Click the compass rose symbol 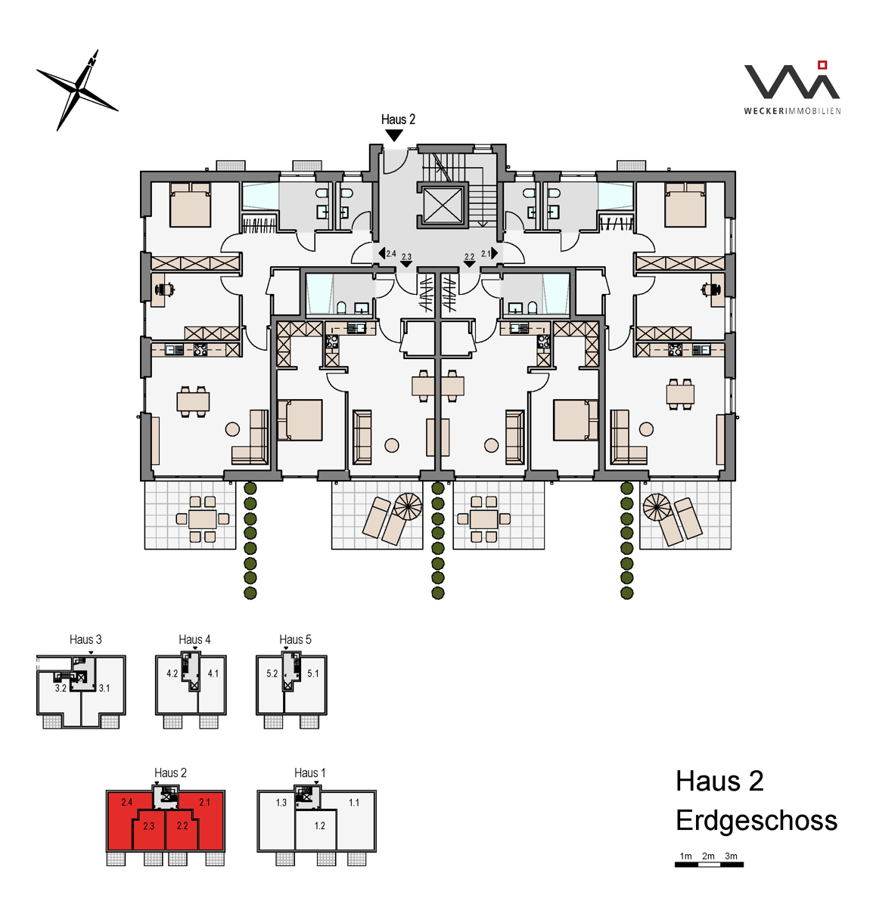pos(77,90)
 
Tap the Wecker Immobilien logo pos(792,88)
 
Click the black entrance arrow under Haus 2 pos(394,135)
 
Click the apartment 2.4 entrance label pos(391,253)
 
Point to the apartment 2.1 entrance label pos(486,253)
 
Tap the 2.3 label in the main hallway pos(406,256)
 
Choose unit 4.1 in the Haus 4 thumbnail pos(213,684)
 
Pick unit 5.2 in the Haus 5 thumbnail pos(270,684)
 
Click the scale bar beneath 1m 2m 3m pos(708,865)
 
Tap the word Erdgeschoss pos(756,820)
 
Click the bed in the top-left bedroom pos(190,205)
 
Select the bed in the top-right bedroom pos(685,205)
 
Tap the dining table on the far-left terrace pos(203,519)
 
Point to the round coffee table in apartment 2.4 pos(232,429)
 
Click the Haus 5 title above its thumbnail pos(295,639)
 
